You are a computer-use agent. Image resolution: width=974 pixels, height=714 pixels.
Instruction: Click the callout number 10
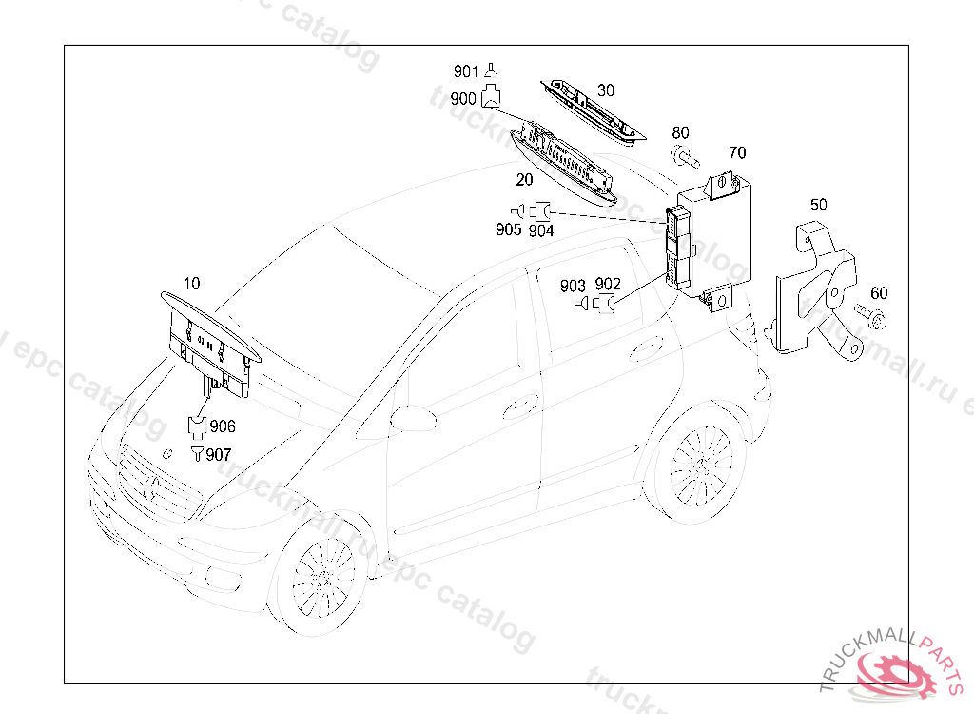click(x=191, y=283)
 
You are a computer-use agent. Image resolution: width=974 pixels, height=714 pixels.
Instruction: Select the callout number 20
click(x=525, y=180)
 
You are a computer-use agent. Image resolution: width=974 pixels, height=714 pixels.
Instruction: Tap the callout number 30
click(x=606, y=90)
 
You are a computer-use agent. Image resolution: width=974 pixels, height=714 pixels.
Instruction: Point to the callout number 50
click(x=818, y=205)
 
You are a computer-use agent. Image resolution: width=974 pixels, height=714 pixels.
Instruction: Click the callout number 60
click(x=879, y=293)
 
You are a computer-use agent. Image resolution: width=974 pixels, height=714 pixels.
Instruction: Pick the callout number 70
click(x=738, y=152)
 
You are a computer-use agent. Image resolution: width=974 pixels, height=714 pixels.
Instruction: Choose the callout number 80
click(x=681, y=132)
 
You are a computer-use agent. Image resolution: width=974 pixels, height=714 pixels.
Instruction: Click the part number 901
click(x=465, y=71)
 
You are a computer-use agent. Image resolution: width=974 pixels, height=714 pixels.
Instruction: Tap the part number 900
click(x=463, y=98)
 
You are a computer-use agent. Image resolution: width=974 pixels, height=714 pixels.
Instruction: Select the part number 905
click(x=508, y=229)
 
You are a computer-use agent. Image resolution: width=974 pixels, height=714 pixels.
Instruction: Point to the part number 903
click(x=573, y=286)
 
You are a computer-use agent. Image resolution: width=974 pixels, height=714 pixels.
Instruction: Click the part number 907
click(x=219, y=455)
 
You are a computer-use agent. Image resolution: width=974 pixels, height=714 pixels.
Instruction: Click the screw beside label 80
click(x=682, y=155)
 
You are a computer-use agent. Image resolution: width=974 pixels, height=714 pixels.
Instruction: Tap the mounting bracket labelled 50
click(x=813, y=290)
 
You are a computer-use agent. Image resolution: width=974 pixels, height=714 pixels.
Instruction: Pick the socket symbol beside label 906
click(x=197, y=426)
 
